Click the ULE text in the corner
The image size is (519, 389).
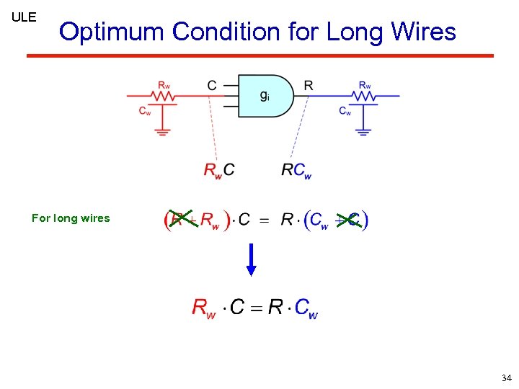coord(24,17)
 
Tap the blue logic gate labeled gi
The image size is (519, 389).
coord(265,95)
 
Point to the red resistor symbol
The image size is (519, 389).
coord(164,94)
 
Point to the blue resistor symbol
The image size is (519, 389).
coord(365,95)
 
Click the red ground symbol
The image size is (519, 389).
coord(164,131)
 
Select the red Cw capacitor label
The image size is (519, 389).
coord(145,111)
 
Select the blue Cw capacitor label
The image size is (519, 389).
coord(345,111)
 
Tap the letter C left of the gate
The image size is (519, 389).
coord(211,86)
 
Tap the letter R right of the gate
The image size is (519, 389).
coord(309,86)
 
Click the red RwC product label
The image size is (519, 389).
coord(219,171)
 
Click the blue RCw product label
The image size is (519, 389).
coord(296,171)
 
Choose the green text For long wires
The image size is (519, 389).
coord(71,218)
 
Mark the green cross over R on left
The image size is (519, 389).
coord(179,219)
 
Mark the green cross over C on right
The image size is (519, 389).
coord(349,220)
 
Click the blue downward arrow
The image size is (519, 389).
coord(251,260)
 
